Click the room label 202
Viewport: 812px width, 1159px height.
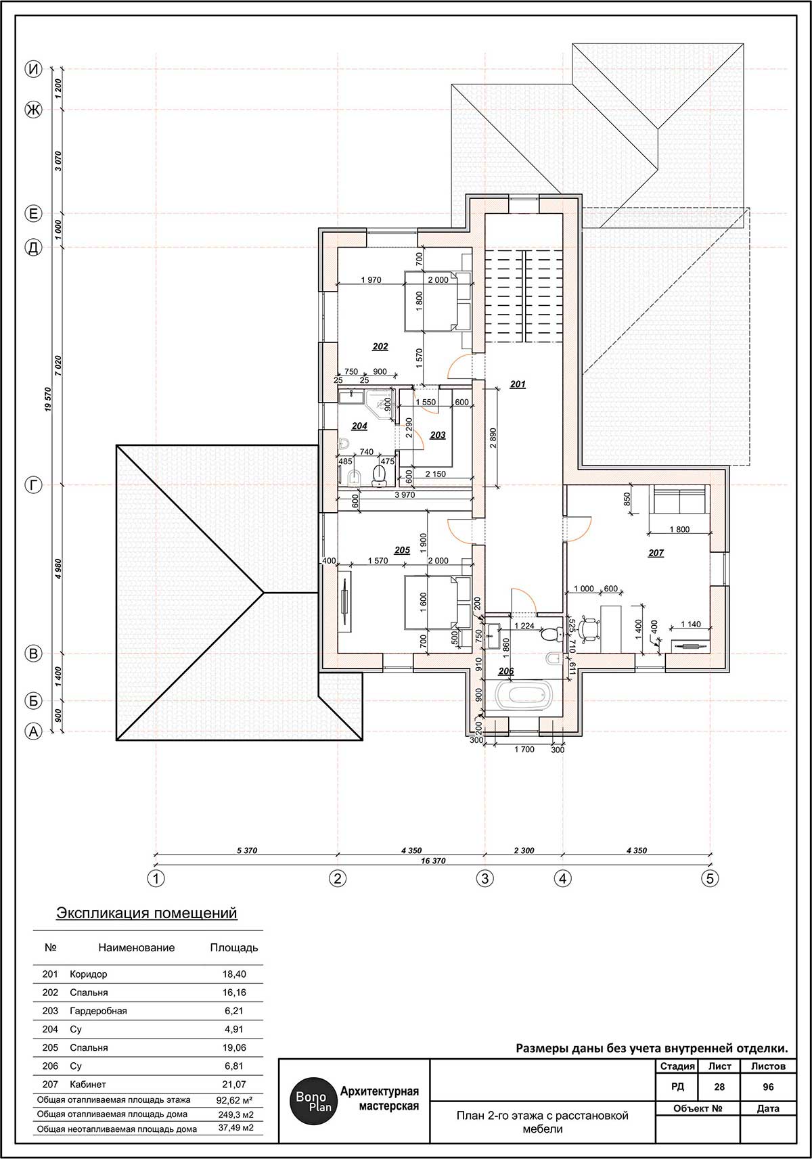[380, 346]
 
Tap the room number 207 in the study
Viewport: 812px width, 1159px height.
[656, 553]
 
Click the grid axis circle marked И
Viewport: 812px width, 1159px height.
[34, 69]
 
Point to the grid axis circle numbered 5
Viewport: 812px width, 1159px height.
[710, 878]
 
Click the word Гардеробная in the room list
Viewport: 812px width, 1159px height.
[98, 1011]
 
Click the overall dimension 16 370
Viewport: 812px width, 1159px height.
[432, 861]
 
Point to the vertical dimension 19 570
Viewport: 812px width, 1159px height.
[48, 399]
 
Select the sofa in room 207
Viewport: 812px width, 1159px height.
[679, 500]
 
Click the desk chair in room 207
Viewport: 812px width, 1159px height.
[587, 629]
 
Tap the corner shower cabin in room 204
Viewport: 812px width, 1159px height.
[380, 401]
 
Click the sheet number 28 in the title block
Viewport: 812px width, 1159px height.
[719, 1087]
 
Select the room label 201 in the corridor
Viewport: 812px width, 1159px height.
[518, 384]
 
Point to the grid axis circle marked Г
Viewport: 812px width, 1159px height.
[34, 485]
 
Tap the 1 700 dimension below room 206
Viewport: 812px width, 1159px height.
[524, 749]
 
